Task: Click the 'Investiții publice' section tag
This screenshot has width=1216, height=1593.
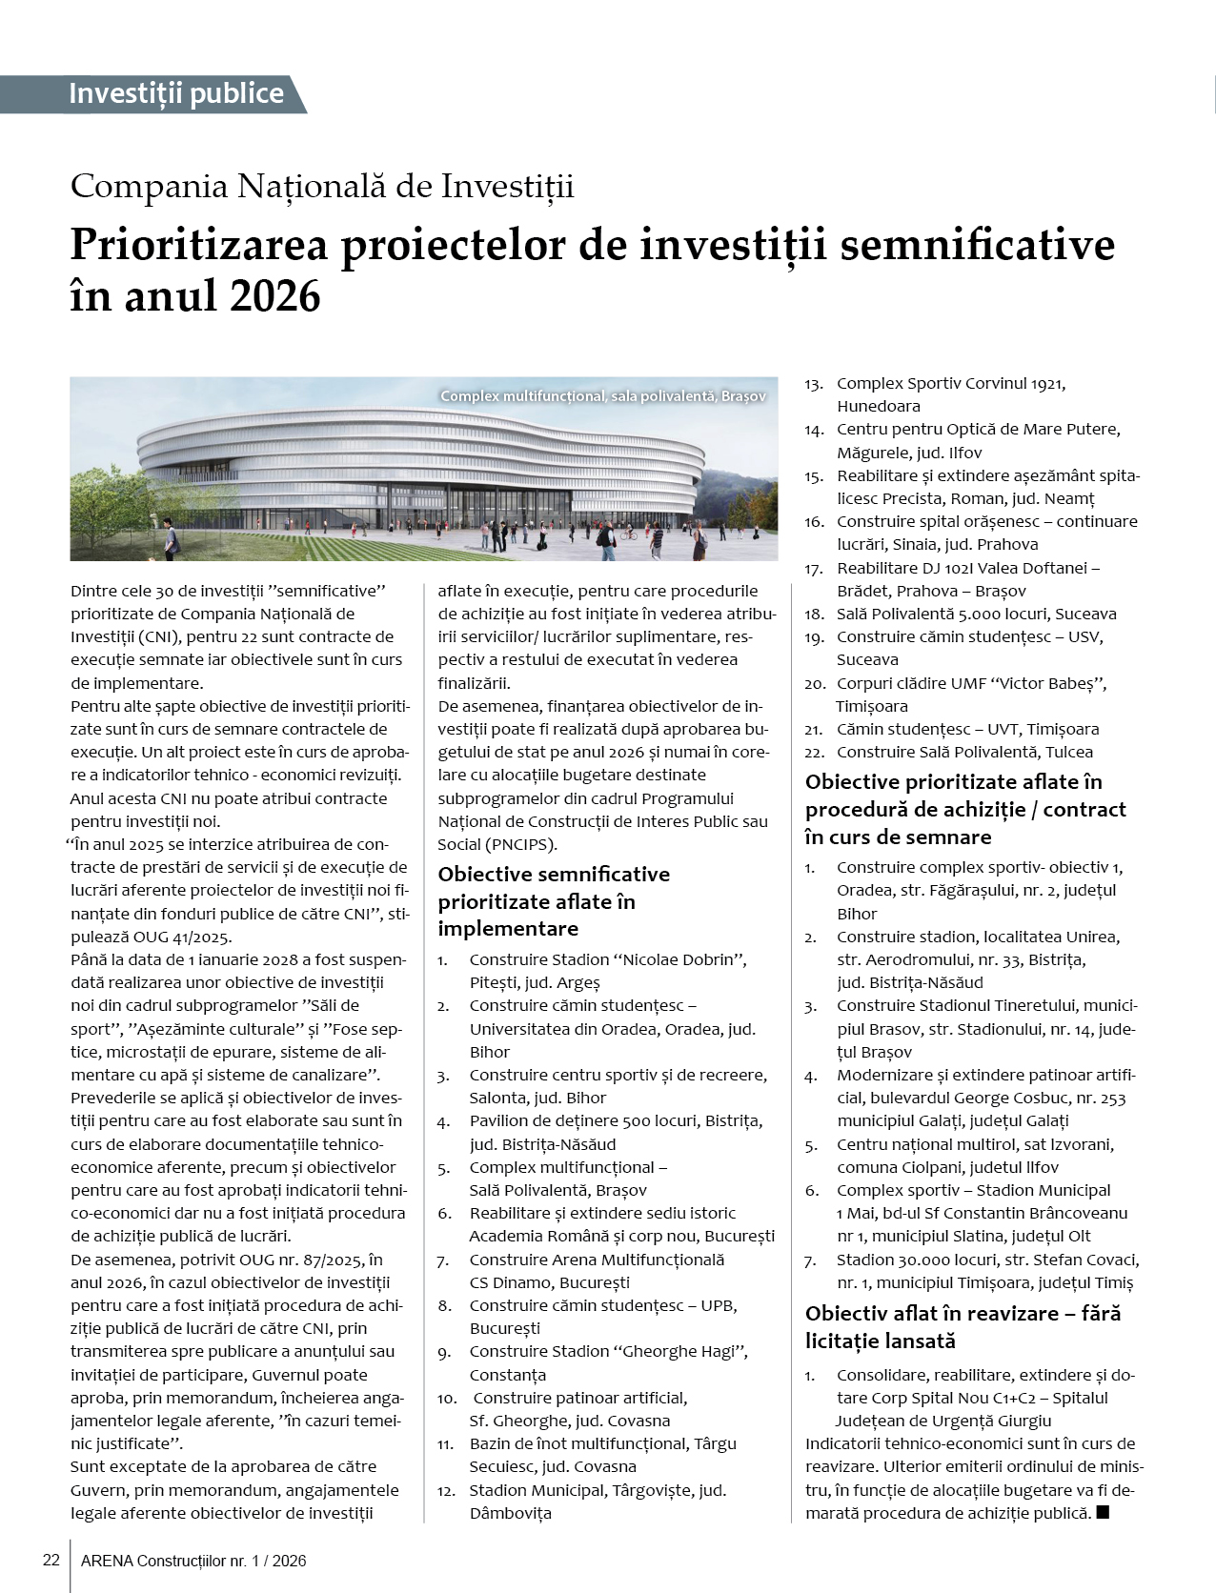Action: click(176, 93)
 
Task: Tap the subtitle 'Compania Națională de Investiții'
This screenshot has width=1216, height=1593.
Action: click(322, 186)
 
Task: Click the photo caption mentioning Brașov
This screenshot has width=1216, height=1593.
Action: click(602, 395)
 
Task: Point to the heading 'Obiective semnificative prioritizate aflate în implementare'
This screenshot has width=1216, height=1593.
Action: click(553, 900)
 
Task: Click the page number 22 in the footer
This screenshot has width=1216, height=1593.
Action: click(51, 1561)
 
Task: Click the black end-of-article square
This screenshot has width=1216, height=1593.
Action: click(1103, 1512)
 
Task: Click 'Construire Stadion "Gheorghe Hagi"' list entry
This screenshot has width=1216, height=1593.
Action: click(608, 1351)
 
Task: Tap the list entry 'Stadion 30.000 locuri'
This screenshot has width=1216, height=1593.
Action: click(987, 1260)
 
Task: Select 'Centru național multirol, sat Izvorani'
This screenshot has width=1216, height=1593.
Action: click(975, 1143)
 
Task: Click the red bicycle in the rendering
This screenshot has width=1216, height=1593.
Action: click(628, 534)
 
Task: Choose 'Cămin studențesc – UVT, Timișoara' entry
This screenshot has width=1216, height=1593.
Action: click(967, 729)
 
